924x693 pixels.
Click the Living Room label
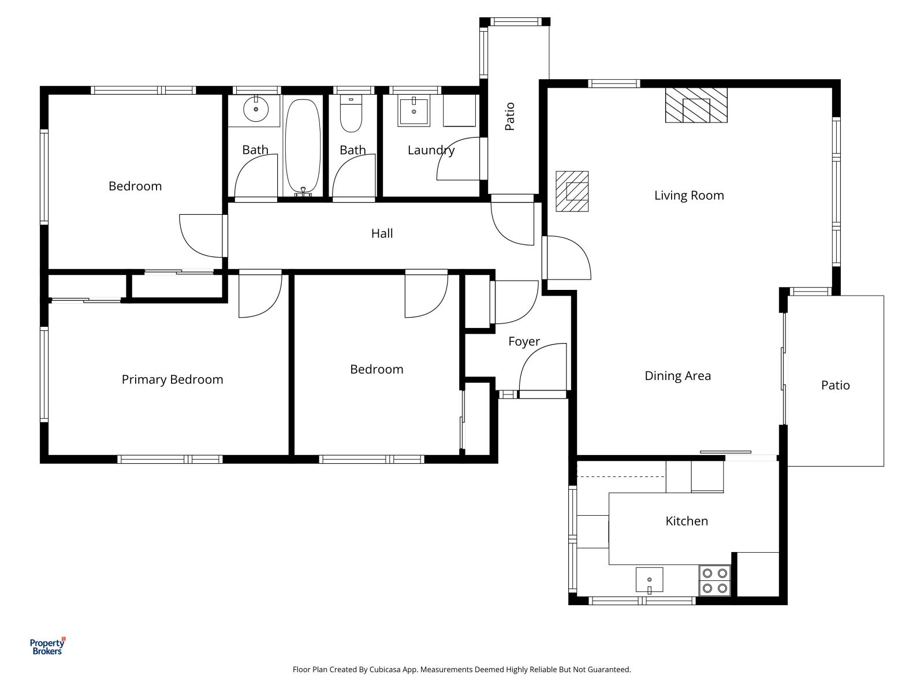click(688, 195)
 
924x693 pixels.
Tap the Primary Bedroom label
click(172, 379)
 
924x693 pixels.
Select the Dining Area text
click(677, 376)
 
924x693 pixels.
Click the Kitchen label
click(686, 521)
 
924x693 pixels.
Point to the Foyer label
click(524, 341)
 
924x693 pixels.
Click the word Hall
click(382, 233)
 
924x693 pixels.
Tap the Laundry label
click(431, 150)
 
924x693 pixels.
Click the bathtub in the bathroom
click(302, 147)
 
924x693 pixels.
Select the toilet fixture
click(351, 114)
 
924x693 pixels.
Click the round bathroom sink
click(256, 110)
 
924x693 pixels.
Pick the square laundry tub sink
click(413, 112)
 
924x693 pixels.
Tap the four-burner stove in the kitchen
click(714, 581)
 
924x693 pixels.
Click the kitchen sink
click(649, 580)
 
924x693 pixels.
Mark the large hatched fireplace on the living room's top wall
click(696, 105)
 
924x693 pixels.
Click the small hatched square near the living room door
click(572, 191)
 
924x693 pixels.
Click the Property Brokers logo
click(47, 646)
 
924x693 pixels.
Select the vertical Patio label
click(510, 116)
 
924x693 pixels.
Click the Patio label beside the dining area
click(835, 385)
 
